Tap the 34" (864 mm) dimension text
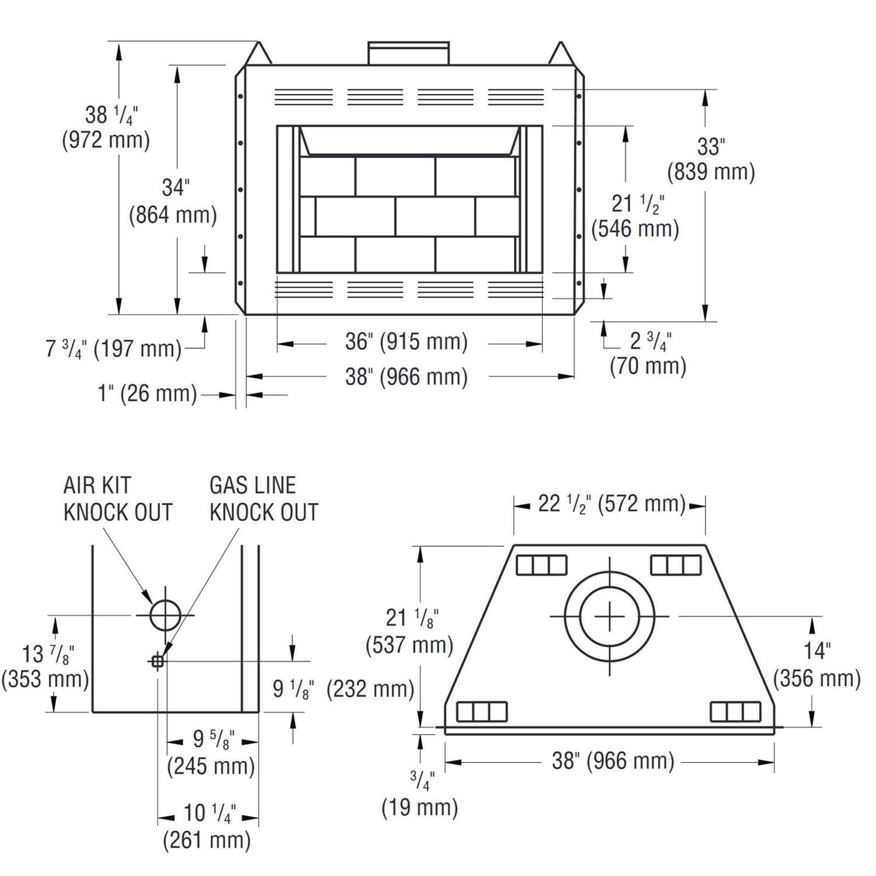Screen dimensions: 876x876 coord(173,202)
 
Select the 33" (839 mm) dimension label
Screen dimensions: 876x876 coord(711,159)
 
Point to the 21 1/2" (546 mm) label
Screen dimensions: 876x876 coord(635,217)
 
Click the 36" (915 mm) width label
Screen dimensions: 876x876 coord(406,342)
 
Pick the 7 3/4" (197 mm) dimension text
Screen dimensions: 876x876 coord(114,349)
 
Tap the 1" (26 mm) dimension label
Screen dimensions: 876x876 coord(147,394)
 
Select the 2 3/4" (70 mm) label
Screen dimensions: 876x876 coord(648,354)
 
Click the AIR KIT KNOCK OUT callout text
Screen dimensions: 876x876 coord(118,499)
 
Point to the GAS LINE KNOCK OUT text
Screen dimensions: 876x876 coord(264,499)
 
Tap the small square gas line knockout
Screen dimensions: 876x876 coord(157,662)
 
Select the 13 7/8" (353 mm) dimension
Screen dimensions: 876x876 coord(45,666)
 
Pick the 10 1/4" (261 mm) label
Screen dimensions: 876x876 coord(207,827)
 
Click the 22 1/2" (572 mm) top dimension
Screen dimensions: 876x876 coord(611,504)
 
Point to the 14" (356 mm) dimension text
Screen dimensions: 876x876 coord(817,665)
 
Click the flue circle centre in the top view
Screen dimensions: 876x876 coord(609,617)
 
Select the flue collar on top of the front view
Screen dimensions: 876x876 coord(409,53)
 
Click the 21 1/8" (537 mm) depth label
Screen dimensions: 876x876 coord(410,631)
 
